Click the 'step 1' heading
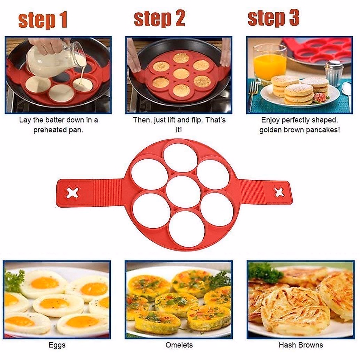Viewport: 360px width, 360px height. (x=43, y=20)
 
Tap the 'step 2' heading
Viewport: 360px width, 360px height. (x=159, y=19)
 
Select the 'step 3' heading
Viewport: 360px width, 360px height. (x=273, y=18)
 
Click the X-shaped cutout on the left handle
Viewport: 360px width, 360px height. (x=73, y=193)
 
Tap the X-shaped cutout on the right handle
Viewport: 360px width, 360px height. (x=279, y=192)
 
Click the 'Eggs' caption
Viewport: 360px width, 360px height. (x=57, y=345)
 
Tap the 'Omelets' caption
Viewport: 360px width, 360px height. (x=179, y=345)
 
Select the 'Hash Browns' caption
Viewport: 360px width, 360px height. (x=301, y=345)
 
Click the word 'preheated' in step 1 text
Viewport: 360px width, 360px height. (x=49, y=130)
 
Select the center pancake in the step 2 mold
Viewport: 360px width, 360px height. (x=181, y=73)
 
